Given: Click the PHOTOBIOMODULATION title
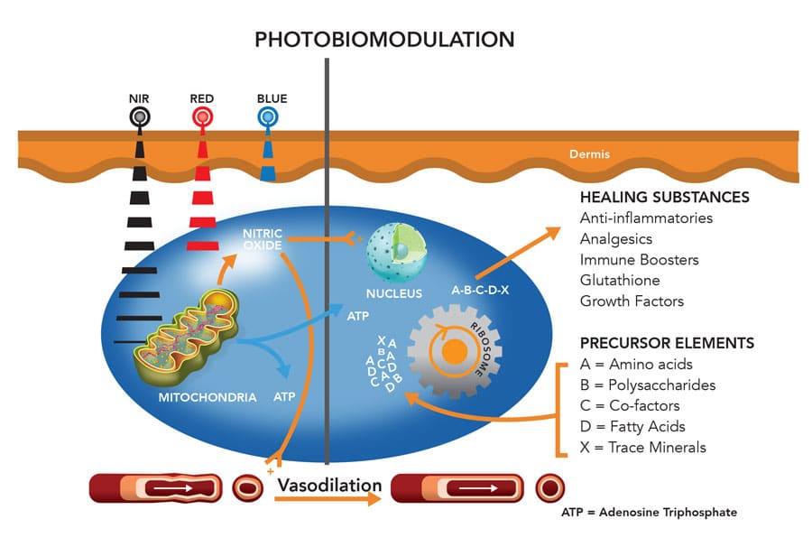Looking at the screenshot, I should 384,39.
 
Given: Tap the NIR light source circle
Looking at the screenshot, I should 139,117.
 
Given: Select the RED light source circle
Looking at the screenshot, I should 202,117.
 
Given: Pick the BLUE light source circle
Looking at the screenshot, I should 267,117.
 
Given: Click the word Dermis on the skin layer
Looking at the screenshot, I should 589,154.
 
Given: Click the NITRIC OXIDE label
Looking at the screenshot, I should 264,239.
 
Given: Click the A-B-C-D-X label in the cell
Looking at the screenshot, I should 488,290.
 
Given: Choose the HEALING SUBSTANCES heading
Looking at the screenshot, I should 664,198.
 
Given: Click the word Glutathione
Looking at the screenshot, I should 620,281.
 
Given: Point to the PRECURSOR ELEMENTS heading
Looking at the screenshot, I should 667,344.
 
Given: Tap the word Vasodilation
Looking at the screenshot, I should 329,486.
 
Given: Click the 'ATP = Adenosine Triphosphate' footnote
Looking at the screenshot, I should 649,512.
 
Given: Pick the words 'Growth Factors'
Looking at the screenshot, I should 632,301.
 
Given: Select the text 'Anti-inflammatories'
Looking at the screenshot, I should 646,218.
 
